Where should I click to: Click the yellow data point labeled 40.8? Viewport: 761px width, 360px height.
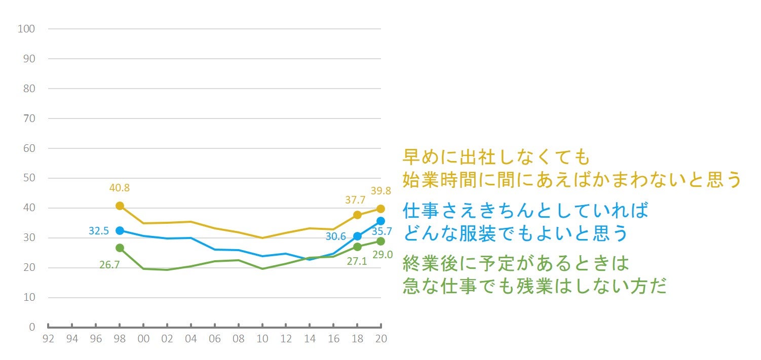pyautogui.click(x=120, y=206)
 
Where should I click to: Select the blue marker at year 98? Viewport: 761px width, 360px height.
pyautogui.click(x=120, y=230)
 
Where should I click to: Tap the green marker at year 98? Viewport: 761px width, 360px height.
pyautogui.click(x=120, y=248)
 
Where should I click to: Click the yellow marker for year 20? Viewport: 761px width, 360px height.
pyautogui.click(x=380, y=209)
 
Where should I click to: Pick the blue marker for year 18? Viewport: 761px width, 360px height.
pyautogui.click(x=357, y=236)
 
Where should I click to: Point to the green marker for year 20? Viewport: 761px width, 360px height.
pyautogui.click(x=380, y=241)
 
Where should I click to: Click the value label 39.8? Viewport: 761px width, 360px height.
pyautogui.click(x=380, y=191)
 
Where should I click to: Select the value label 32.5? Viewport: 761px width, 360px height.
pyautogui.click(x=99, y=230)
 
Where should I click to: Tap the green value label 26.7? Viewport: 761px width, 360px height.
pyautogui.click(x=109, y=264)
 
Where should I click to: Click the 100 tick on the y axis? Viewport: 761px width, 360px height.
pyautogui.click(x=26, y=29)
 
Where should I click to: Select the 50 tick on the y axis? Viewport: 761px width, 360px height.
pyautogui.click(x=28, y=178)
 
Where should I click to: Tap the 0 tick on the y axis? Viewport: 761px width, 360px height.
pyautogui.click(x=31, y=327)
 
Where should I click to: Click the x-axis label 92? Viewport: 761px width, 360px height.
pyautogui.click(x=48, y=339)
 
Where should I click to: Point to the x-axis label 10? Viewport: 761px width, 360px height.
pyautogui.click(x=262, y=339)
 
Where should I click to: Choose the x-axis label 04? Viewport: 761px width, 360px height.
pyautogui.click(x=191, y=339)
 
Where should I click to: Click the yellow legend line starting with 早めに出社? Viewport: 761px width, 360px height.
pyautogui.click(x=497, y=157)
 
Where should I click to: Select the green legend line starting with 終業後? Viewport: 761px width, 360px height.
pyautogui.click(x=516, y=263)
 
